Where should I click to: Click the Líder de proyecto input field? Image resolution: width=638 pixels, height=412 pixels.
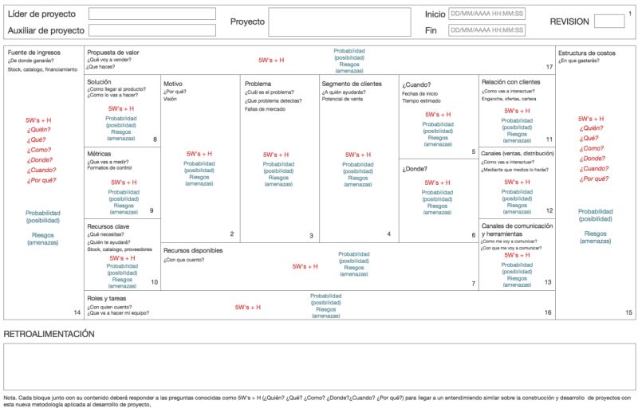pyautogui.click(x=152, y=14)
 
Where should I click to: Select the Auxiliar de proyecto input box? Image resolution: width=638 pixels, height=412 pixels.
pyautogui.click(x=152, y=30)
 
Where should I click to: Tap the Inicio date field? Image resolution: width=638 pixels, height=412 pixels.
pyautogui.click(x=486, y=14)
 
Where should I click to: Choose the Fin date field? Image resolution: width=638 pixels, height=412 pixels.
pyautogui.click(x=486, y=30)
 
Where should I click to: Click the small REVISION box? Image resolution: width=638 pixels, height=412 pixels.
pyautogui.click(x=609, y=22)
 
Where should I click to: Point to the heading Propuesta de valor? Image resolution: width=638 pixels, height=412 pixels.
pyautogui.click(x=113, y=53)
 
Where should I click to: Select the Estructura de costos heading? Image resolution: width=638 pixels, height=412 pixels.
pyautogui.click(x=587, y=53)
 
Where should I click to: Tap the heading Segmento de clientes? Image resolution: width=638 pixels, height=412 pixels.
pyautogui.click(x=352, y=84)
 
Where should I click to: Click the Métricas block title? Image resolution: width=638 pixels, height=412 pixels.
pyautogui.click(x=100, y=154)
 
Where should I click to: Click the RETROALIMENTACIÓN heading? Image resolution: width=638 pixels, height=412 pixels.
pyautogui.click(x=49, y=333)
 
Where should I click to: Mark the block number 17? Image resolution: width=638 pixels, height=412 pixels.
pyautogui.click(x=549, y=67)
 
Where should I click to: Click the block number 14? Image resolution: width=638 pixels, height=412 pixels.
pyautogui.click(x=77, y=312)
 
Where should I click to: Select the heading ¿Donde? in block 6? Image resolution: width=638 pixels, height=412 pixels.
pyautogui.click(x=415, y=169)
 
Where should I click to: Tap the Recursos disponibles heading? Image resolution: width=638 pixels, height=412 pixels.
pyautogui.click(x=193, y=250)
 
